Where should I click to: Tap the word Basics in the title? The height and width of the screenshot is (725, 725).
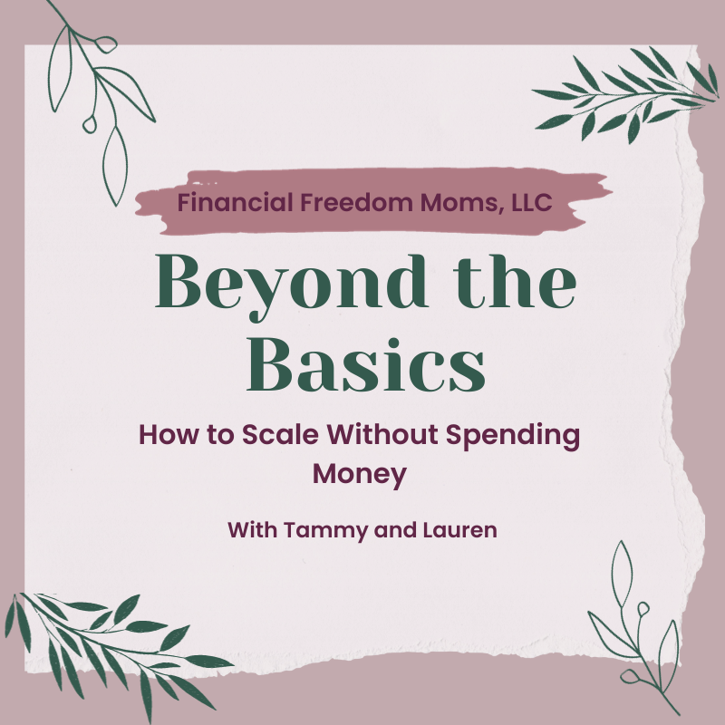pyautogui.click(x=366, y=364)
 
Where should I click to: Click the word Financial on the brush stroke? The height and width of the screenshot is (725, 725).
pyautogui.click(x=235, y=202)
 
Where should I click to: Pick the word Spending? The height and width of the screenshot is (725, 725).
pyautogui.click(x=513, y=437)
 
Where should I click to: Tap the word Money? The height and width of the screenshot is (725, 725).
pyautogui.click(x=360, y=475)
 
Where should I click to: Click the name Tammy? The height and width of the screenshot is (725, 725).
pyautogui.click(x=326, y=531)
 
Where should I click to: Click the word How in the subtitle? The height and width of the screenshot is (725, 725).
pyautogui.click(x=169, y=435)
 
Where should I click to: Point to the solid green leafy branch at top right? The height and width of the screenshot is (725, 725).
pyautogui.click(x=626, y=95)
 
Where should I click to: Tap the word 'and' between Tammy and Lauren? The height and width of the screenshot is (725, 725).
pyautogui.click(x=396, y=530)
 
